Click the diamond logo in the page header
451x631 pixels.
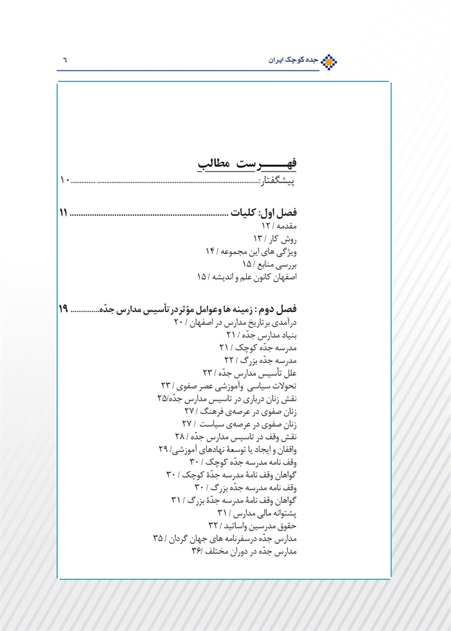[x=330, y=61]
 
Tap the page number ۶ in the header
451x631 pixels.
[x=64, y=61]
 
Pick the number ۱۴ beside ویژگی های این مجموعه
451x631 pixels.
[x=213, y=251]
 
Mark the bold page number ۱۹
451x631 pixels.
[x=63, y=309]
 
